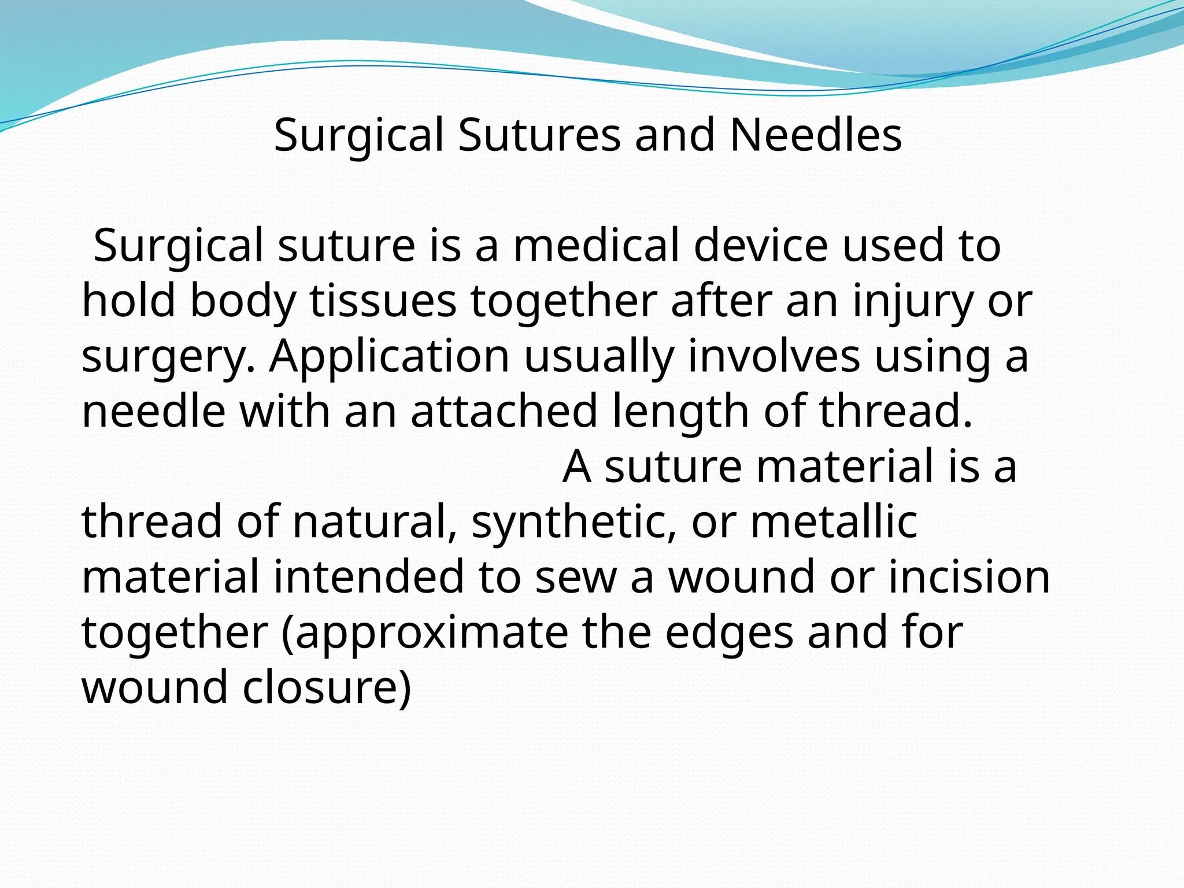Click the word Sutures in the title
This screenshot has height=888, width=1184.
(x=539, y=135)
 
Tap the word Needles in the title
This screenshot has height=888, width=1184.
(x=815, y=135)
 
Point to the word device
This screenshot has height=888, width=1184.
(x=761, y=246)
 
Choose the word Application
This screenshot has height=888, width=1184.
(x=389, y=357)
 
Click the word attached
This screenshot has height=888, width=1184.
(x=504, y=411)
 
